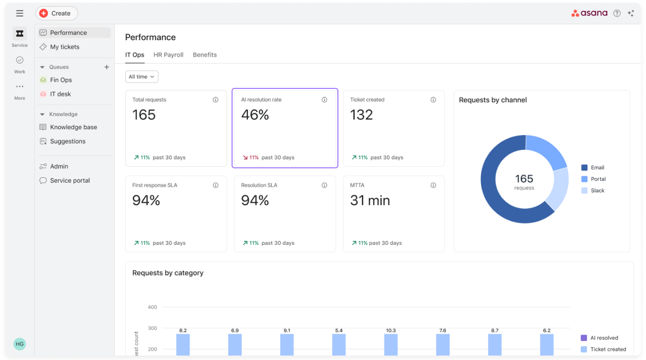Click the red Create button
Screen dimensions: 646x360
coord(57,13)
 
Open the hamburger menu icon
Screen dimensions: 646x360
coord(19,13)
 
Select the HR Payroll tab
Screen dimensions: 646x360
coord(168,55)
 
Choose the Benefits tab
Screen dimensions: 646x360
coord(205,55)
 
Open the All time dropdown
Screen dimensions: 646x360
coord(142,76)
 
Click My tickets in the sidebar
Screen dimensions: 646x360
coord(65,47)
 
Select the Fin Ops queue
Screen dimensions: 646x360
coord(61,80)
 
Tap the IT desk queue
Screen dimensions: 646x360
coord(60,94)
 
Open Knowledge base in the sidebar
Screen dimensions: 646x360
coord(74,127)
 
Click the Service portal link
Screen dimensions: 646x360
coord(70,180)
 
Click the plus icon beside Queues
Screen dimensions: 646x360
coord(107,67)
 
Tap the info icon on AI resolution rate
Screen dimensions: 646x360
coord(324,100)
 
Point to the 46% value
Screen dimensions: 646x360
coord(255,115)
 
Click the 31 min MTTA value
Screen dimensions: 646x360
coord(370,200)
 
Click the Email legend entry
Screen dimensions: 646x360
coord(593,167)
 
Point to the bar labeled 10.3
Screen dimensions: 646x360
coord(391,345)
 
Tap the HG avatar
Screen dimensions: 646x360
coord(19,344)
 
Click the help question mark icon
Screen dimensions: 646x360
coord(617,13)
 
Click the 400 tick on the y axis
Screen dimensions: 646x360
coord(152,307)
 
